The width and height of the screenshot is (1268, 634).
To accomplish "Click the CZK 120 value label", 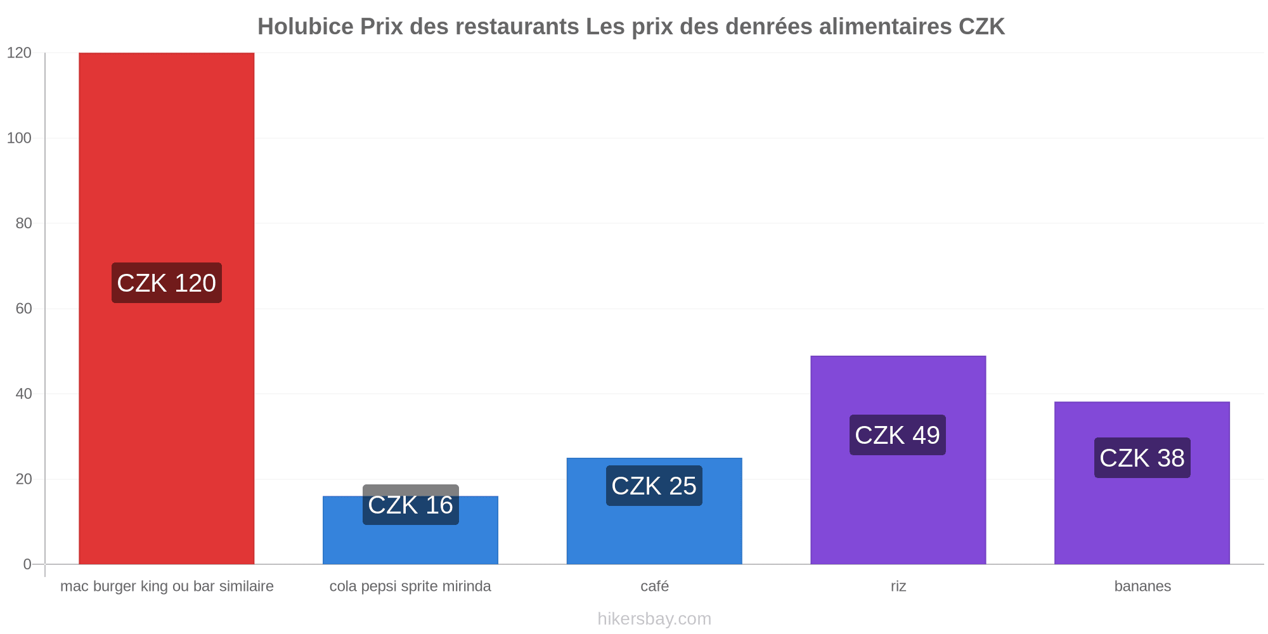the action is coord(167,283).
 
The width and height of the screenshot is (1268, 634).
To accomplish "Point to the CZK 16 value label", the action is coord(411,505).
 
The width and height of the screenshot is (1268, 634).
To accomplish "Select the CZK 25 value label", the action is coord(654,486).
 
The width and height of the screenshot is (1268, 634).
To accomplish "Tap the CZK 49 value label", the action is coord(898,435).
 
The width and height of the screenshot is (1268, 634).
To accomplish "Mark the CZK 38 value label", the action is coord(1142,458).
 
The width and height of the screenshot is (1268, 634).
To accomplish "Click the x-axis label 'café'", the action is coord(655,586).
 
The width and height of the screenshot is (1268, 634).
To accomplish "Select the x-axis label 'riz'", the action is coord(898,586).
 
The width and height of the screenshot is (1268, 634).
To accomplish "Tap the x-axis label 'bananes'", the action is coord(1142,586).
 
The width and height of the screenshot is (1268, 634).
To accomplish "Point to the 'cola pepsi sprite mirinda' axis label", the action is coord(410,586).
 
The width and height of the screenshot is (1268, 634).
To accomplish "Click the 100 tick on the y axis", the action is coord(19,138).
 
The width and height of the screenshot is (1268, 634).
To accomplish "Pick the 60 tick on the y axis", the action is coord(23,309).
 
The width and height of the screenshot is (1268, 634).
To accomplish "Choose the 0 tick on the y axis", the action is coord(27,564).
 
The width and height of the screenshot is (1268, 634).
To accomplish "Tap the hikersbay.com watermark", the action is coord(654,619).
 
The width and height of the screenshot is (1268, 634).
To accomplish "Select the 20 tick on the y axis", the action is coord(23,479).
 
